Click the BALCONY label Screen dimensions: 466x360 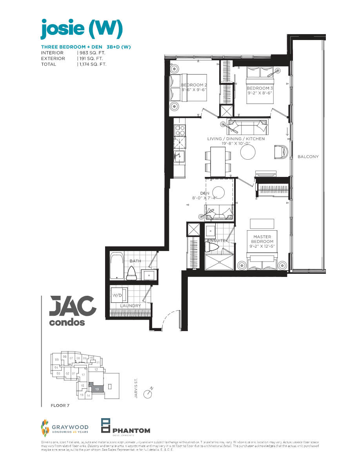308,157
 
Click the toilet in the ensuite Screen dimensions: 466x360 212,247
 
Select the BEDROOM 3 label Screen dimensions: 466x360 258,88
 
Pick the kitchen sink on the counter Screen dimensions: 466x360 180,156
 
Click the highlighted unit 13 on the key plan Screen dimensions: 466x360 97,388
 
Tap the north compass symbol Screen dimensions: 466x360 148,393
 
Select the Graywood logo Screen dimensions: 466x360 64,428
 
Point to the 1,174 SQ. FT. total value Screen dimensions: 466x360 93,64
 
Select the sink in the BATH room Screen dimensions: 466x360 148,275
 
